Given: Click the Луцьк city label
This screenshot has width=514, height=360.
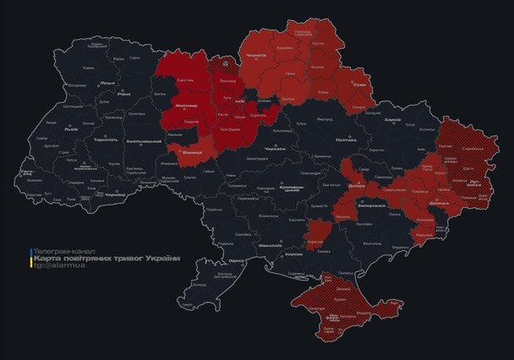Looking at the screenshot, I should [x=107, y=83].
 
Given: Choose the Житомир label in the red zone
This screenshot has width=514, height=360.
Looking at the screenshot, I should [x=184, y=106].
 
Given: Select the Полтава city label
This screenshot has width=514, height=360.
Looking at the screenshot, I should [x=346, y=139].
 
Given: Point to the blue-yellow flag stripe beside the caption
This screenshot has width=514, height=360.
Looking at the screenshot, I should [x=30, y=259].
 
